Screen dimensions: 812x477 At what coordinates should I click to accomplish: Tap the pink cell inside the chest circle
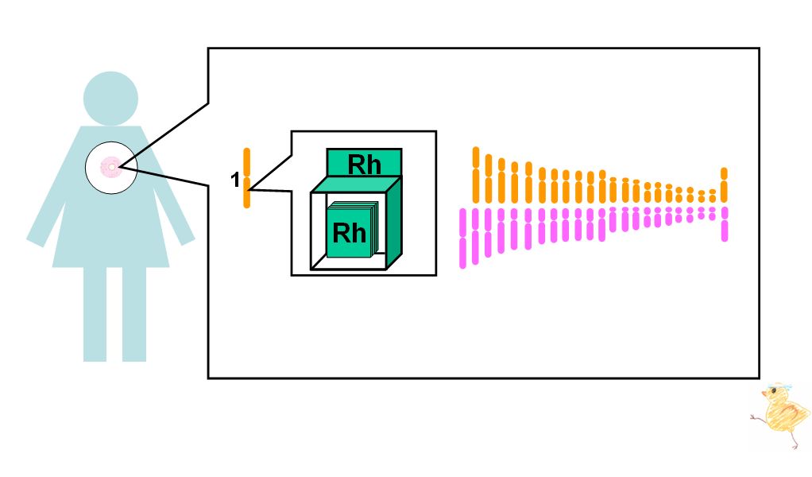pos(110,167)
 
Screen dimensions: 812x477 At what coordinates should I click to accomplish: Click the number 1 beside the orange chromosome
pos(235,180)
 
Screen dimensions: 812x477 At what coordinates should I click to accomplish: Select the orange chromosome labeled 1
pos(247,178)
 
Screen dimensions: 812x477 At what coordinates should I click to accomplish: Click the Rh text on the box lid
pos(364,165)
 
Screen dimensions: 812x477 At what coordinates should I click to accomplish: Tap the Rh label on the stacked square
pos(349,233)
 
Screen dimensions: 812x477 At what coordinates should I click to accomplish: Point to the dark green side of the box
pos(394,223)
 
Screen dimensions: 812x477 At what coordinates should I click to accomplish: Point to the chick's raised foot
pos(755,417)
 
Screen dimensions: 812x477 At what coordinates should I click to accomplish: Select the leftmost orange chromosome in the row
pos(476,175)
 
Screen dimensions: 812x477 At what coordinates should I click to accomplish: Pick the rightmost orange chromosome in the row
pos(724,185)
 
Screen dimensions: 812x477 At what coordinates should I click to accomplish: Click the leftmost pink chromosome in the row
pos(462,238)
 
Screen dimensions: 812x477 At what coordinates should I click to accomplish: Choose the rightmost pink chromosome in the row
pos(725,224)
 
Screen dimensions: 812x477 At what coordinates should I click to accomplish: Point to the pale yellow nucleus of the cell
pos(111,167)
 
